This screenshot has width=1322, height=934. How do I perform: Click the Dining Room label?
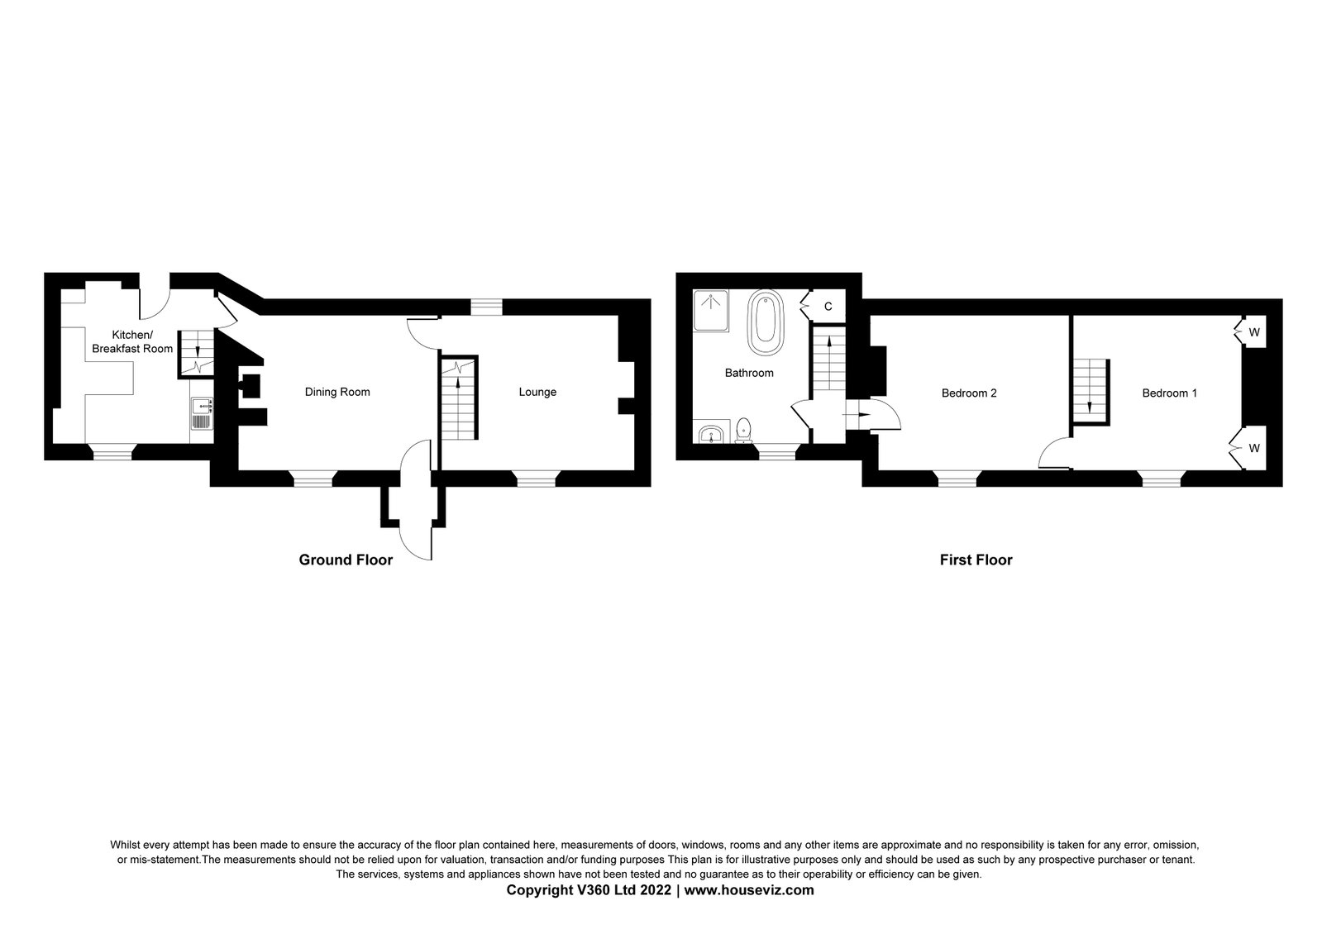[x=337, y=392]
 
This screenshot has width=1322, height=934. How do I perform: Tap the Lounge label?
[x=537, y=392]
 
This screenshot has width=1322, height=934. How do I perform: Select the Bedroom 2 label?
[x=969, y=393]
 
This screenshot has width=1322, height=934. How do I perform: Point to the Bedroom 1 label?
[x=1170, y=393]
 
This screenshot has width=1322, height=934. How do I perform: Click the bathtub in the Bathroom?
[x=766, y=322]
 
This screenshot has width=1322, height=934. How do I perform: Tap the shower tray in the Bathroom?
[x=711, y=310]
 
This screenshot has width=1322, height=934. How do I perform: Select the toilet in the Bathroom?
[x=743, y=431]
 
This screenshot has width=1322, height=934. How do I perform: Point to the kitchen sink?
[x=202, y=414]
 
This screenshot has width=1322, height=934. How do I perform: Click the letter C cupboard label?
[x=828, y=307]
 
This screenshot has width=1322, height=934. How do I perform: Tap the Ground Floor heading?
[x=346, y=560]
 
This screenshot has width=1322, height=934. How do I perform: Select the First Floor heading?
[x=976, y=560]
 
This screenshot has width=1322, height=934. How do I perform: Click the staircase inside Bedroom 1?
[x=1091, y=392]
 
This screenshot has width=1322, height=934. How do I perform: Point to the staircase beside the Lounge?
[x=459, y=398]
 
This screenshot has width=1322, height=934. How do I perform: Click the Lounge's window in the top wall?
[x=486, y=307]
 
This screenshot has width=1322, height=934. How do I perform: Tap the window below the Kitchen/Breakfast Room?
[x=112, y=451]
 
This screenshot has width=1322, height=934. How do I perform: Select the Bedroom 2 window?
[x=957, y=479]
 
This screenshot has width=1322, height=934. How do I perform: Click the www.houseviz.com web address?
[x=749, y=889]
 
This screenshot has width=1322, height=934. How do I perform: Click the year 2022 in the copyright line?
[x=655, y=889]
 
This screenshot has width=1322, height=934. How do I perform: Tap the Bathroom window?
[x=776, y=452]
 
